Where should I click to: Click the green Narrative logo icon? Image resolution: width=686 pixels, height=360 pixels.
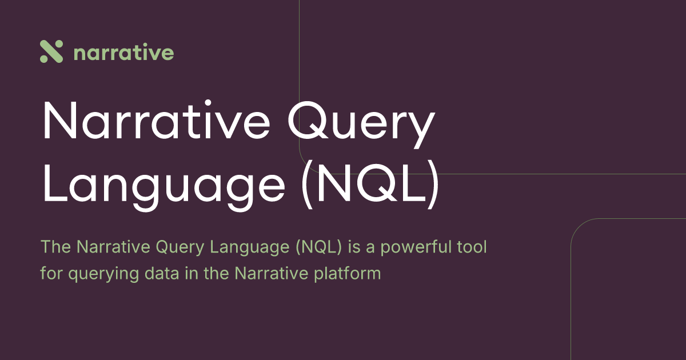[51, 52]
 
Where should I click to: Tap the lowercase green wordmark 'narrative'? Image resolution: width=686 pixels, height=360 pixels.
[124, 53]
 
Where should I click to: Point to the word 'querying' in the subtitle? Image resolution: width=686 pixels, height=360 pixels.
[102, 274]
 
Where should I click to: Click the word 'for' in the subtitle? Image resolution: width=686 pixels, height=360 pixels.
[51, 273]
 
